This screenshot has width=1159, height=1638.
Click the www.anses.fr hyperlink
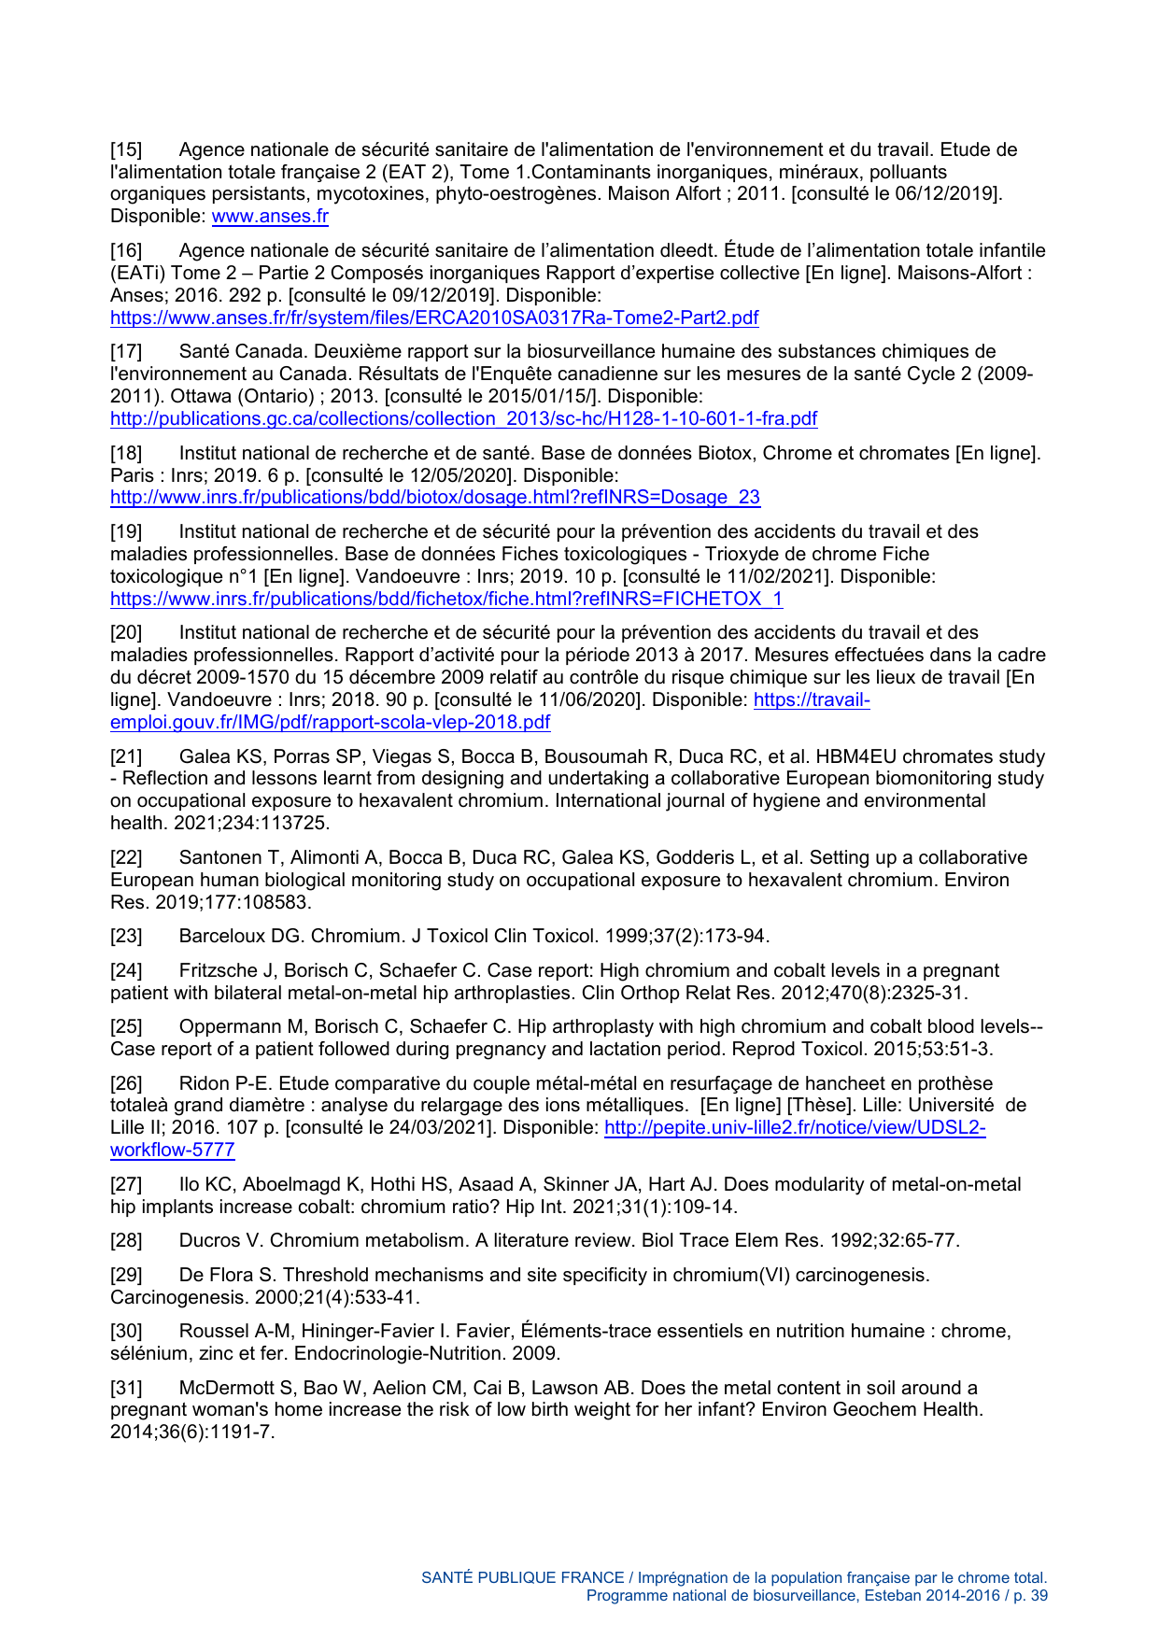click(270, 217)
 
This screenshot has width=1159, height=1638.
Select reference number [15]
click(126, 149)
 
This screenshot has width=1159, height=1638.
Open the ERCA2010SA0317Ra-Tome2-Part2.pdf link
click(434, 318)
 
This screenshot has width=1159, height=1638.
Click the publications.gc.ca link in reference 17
click(463, 418)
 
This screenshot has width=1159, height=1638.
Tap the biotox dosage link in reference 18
click(435, 497)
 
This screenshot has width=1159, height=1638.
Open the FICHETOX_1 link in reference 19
click(446, 599)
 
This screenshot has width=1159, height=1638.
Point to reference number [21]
click(126, 756)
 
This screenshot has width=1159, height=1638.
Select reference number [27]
click(126, 1184)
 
